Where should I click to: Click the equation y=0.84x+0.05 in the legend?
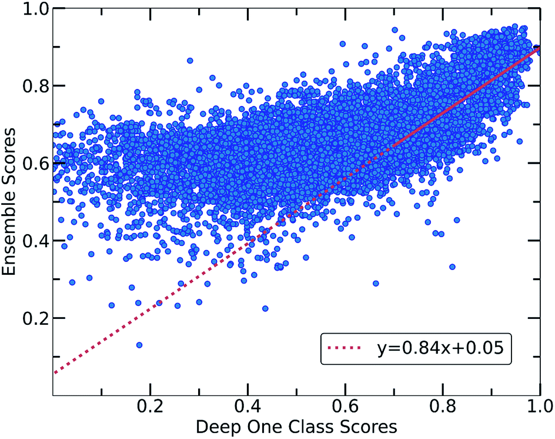pyautogui.click(x=440, y=348)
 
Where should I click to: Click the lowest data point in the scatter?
pyautogui.click(x=139, y=345)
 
